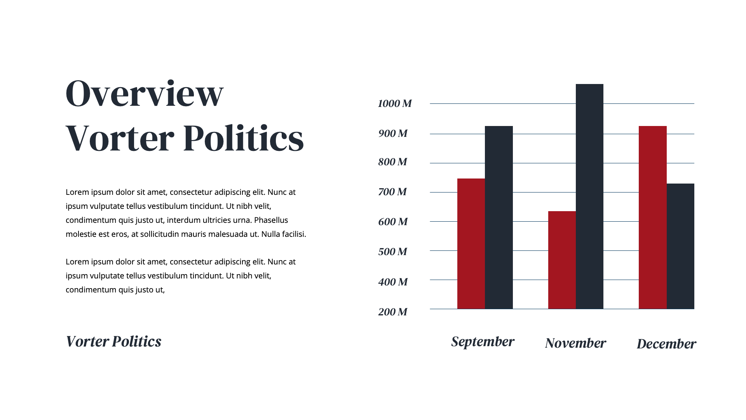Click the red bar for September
pyautogui.click(x=471, y=244)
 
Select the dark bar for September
pyautogui.click(x=499, y=217)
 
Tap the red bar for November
pyautogui.click(x=562, y=260)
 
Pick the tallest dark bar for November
pyautogui.click(x=589, y=196)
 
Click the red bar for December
pyautogui.click(x=653, y=217)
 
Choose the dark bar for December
pyautogui.click(x=680, y=246)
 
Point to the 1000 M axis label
pyautogui.click(x=395, y=103)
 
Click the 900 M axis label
pyautogui.click(x=393, y=134)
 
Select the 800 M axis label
pyautogui.click(x=392, y=162)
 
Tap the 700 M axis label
pyautogui.click(x=392, y=192)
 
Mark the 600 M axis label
pyautogui.click(x=393, y=222)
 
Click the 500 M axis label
pyautogui.click(x=392, y=252)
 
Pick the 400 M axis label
pyautogui.click(x=393, y=282)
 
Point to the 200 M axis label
pyautogui.click(x=392, y=312)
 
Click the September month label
pyautogui.click(x=483, y=342)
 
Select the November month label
pyautogui.click(x=575, y=343)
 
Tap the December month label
pyautogui.click(x=666, y=344)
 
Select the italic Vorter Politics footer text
pyautogui.click(x=113, y=341)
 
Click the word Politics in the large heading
pyautogui.click(x=243, y=138)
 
